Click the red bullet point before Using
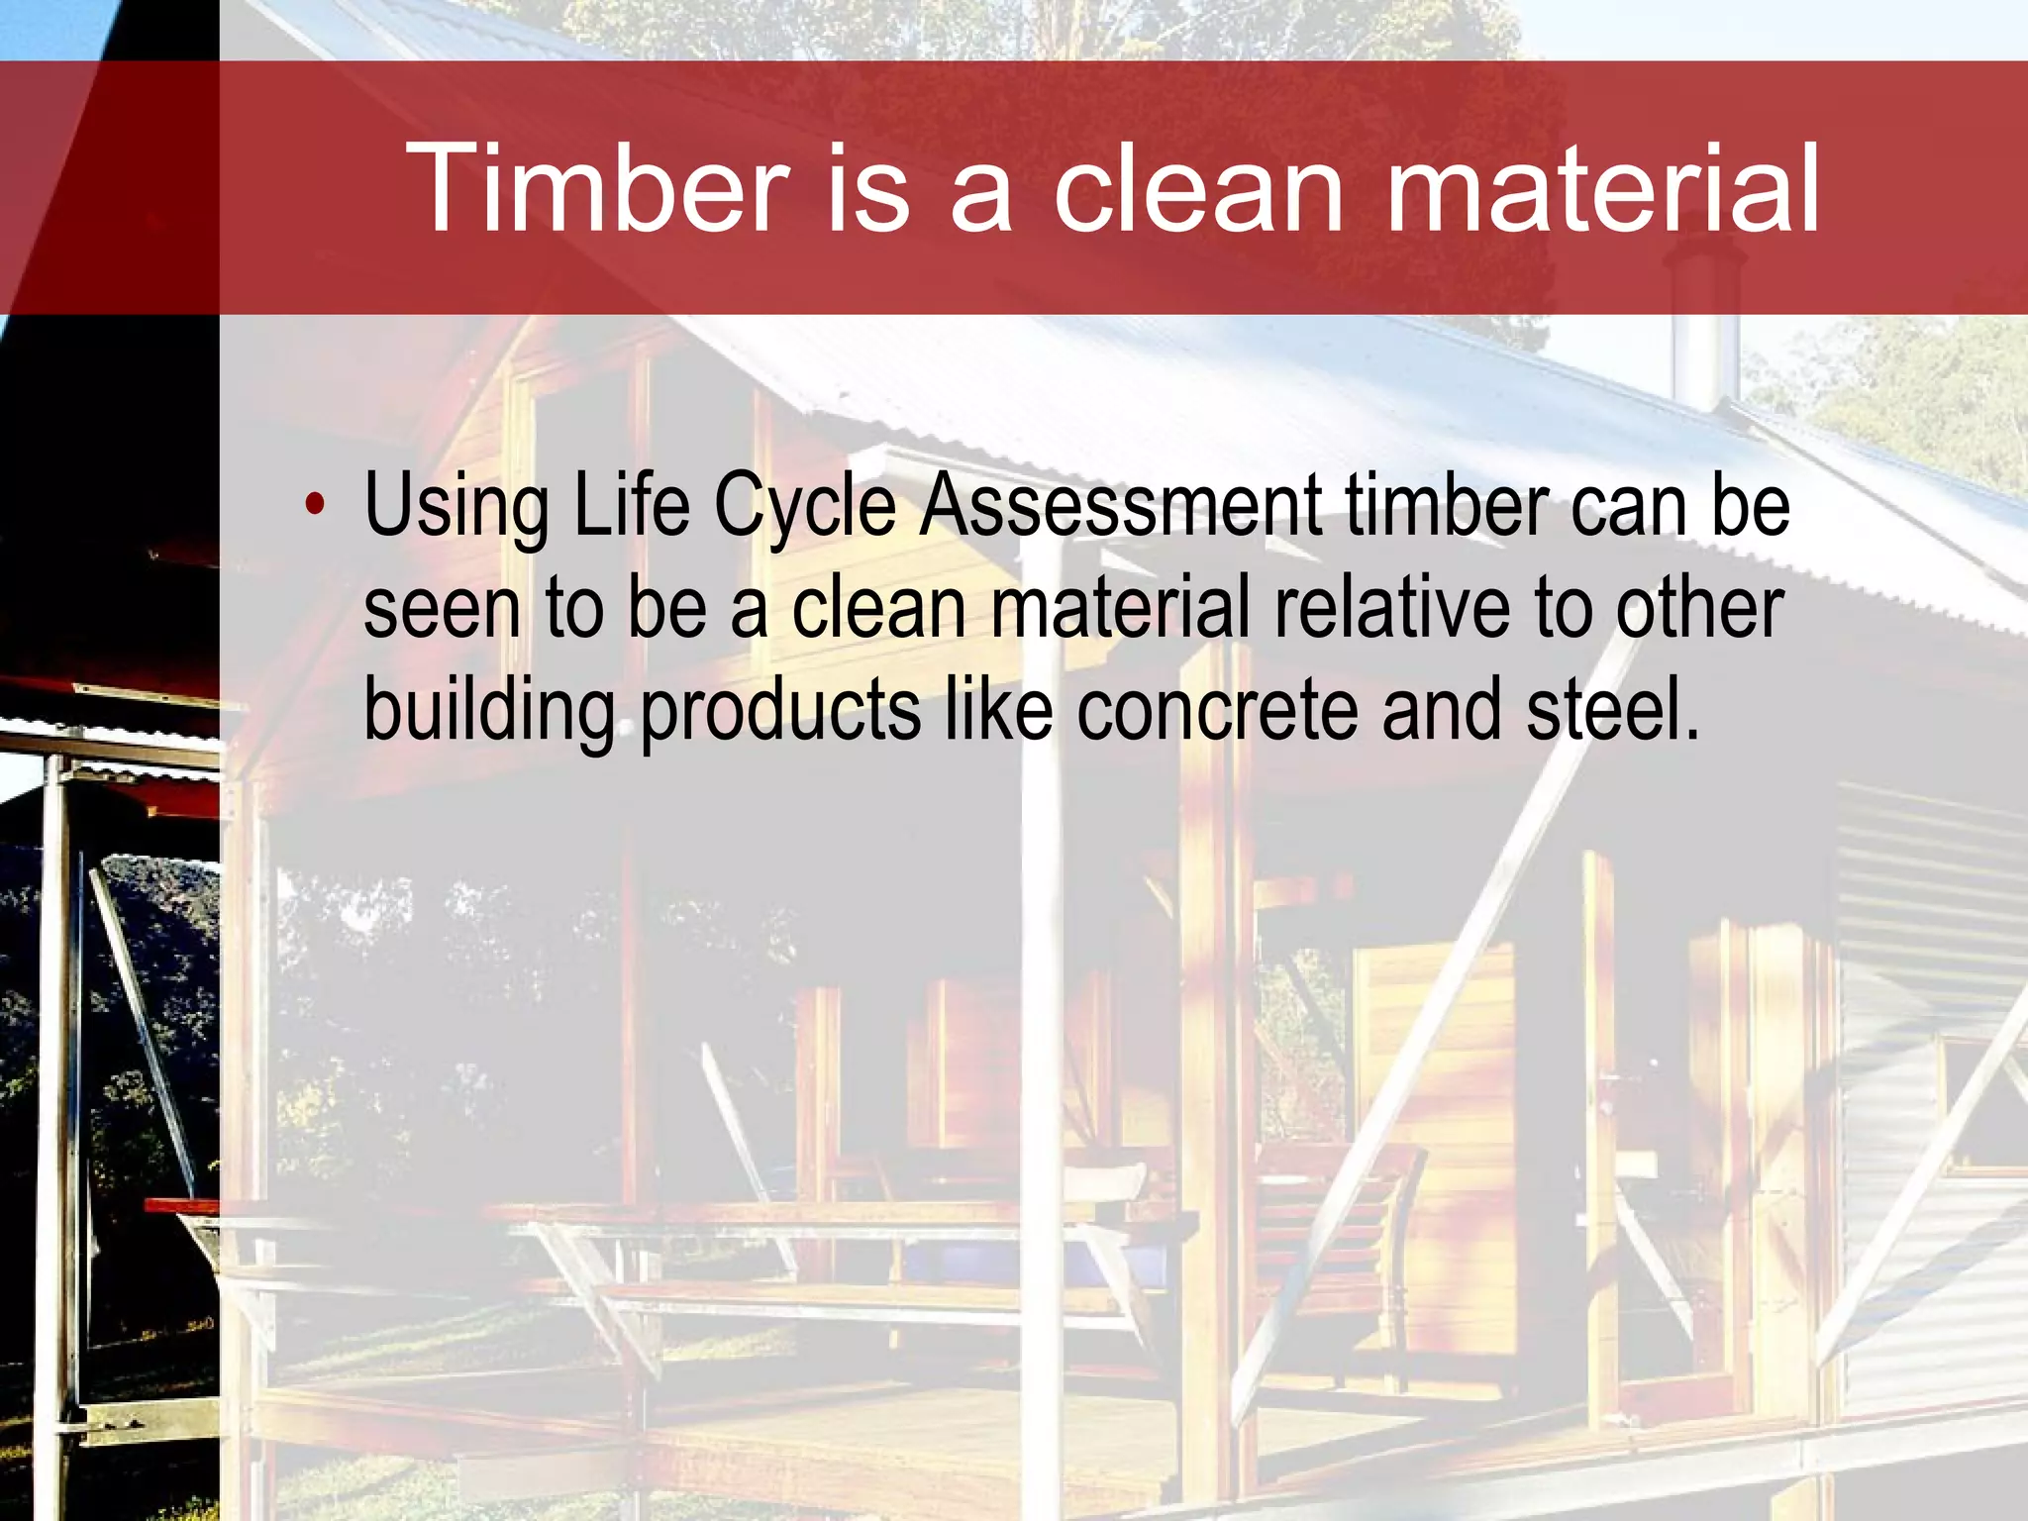tap(315, 504)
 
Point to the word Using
tap(456, 507)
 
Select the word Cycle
tap(804, 507)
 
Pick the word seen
tap(442, 608)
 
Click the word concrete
tap(1217, 711)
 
